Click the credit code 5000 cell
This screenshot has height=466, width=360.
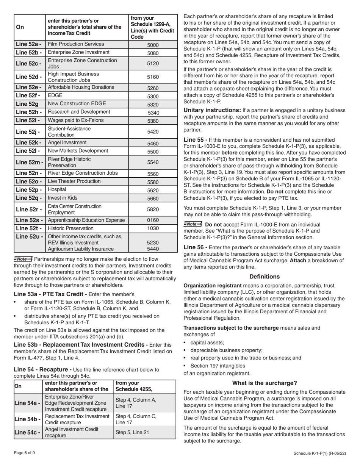[153, 45]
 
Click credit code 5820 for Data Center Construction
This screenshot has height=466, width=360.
[153, 209]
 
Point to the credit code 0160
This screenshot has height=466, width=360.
[153, 220]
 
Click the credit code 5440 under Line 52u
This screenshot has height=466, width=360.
[153, 249]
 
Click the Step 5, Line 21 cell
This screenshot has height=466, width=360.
[132, 432]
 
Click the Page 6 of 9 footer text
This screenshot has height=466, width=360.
[25, 453]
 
